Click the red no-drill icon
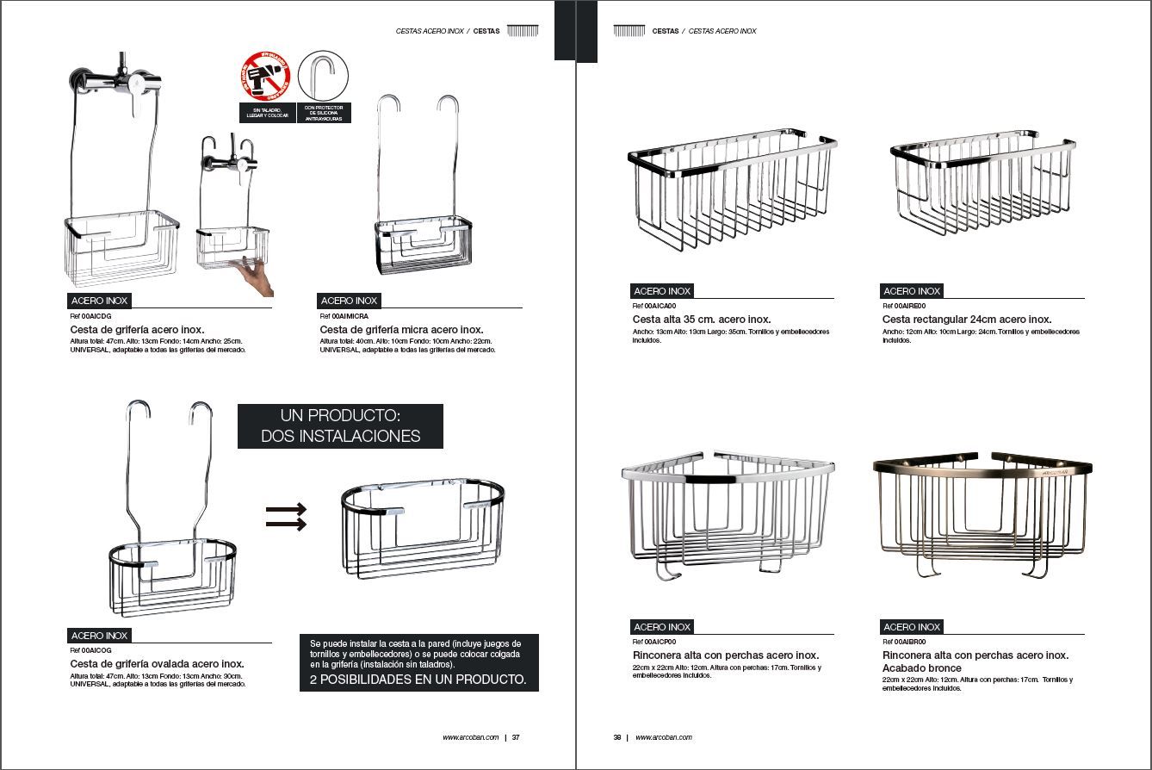point(266,77)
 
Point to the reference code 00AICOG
point(96,651)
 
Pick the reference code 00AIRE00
point(909,306)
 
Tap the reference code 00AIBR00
point(909,642)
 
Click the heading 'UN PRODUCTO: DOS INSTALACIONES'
point(340,426)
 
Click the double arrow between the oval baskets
point(287,516)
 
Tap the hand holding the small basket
point(257,276)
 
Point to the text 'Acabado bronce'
point(921,668)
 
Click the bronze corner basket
point(982,512)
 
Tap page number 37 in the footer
point(516,737)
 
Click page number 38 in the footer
point(617,737)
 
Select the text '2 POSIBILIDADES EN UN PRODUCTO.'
point(418,680)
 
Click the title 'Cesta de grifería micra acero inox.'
point(401,330)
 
